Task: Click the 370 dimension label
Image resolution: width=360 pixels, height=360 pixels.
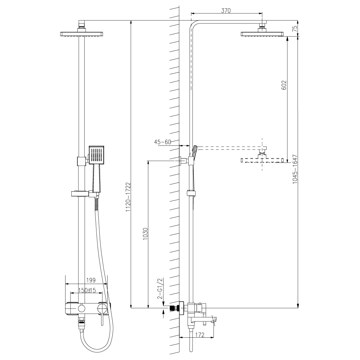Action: (225, 11)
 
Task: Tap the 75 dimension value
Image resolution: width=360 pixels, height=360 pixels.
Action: (295, 29)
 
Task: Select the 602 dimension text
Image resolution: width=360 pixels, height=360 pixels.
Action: (284, 85)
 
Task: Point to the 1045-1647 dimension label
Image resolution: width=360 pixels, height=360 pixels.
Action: (295, 170)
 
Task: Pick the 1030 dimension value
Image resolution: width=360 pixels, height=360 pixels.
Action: (145, 234)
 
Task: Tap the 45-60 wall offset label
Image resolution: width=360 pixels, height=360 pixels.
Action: (163, 142)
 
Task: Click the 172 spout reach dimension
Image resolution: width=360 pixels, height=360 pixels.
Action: (199, 335)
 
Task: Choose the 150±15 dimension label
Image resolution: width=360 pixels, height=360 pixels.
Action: (86, 290)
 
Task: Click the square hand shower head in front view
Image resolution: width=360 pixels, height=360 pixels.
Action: (96, 155)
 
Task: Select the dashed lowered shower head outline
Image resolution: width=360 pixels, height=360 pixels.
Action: (264, 160)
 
